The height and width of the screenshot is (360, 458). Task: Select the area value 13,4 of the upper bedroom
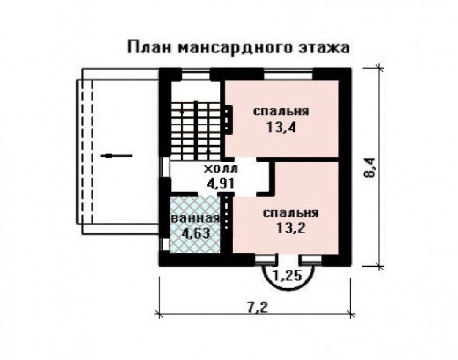pos(281,127)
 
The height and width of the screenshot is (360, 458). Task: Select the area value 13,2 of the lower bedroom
pos(290,228)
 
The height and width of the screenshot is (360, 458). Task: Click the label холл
pos(220,169)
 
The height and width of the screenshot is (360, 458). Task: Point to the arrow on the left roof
pos(116,155)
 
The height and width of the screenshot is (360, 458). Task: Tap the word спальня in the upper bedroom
pos(281,112)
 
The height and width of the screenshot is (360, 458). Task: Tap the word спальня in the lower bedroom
pos(290,213)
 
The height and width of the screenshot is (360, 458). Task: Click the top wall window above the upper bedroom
pos(288,73)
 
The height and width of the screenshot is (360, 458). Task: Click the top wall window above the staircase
pos(195,73)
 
